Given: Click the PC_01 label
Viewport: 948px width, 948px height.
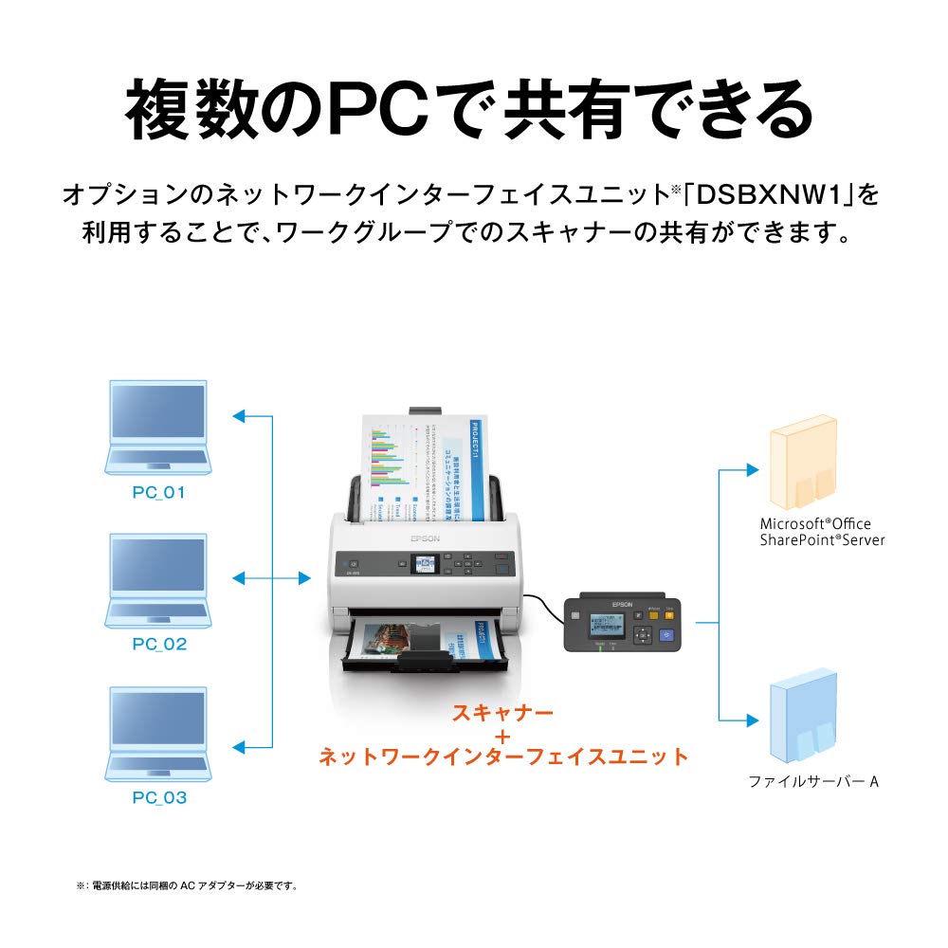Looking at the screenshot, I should click(x=159, y=493).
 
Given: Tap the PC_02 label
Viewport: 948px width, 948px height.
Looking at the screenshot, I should click(x=159, y=645).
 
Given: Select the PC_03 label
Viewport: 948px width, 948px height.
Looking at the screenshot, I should click(x=159, y=797).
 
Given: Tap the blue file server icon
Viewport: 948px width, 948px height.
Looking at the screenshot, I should click(x=803, y=718).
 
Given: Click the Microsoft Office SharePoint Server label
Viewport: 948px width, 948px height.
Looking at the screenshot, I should click(x=822, y=531).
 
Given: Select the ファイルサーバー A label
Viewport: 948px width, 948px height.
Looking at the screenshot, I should click(x=813, y=782).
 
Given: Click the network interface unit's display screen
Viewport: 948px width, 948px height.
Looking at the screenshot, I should click(x=608, y=626).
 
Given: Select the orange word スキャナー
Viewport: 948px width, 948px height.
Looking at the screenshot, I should click(x=502, y=712).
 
